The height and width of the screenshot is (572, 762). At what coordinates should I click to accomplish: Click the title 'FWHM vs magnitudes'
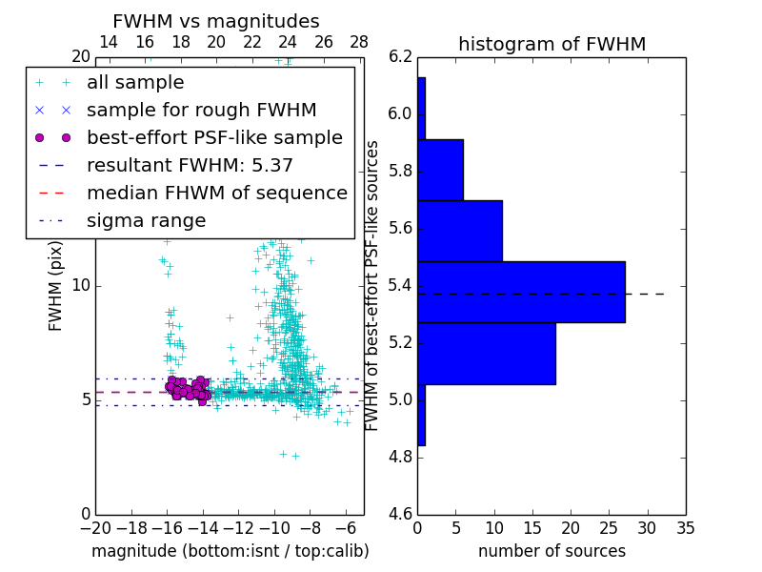point(216,22)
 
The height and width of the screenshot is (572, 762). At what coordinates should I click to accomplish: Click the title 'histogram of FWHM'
point(551,44)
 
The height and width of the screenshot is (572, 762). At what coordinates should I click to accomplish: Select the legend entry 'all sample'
point(135,83)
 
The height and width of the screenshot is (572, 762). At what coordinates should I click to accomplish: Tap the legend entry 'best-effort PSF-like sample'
point(214,138)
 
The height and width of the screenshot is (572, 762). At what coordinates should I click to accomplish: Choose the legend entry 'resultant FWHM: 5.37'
point(190,166)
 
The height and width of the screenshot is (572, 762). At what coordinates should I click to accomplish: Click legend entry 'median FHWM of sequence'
point(216,194)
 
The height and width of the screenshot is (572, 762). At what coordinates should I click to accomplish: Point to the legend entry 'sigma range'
point(146,221)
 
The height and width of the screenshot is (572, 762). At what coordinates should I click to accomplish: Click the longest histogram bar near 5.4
point(521,292)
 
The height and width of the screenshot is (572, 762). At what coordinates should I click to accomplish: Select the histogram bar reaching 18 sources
point(486,354)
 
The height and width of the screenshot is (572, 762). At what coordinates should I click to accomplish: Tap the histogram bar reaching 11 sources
point(459,231)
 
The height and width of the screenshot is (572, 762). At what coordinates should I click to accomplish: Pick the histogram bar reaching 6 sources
point(440,170)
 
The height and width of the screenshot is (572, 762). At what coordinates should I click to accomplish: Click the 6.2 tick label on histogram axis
point(400,57)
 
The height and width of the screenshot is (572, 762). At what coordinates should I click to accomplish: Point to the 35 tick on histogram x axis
point(686,527)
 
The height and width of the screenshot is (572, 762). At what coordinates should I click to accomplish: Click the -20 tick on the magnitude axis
point(95,527)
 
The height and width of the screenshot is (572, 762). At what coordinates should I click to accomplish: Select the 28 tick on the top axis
point(359,43)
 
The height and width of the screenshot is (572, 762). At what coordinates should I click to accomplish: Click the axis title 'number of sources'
point(551,551)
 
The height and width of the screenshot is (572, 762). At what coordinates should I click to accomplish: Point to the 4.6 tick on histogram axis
point(400,514)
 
